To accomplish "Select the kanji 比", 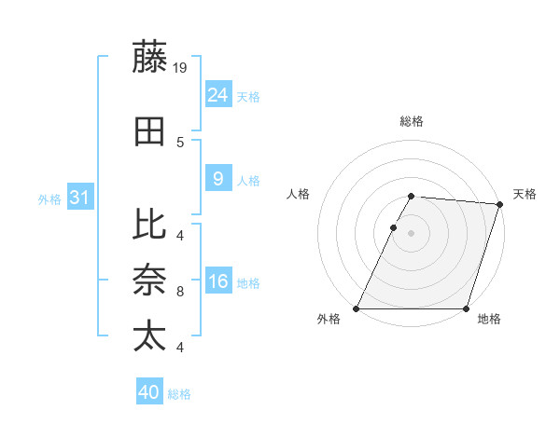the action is [x=149, y=224].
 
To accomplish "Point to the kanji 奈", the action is [x=149, y=281].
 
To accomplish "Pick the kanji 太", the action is [x=149, y=336].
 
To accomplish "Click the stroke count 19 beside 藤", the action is [x=181, y=67].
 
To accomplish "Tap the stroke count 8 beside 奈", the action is [x=179, y=292].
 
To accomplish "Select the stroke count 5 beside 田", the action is [x=179, y=143].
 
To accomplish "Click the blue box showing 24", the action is [x=217, y=94].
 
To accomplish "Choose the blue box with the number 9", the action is [x=217, y=179].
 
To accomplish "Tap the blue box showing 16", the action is [x=217, y=281].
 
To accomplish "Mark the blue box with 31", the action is [x=80, y=198].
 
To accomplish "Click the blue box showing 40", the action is [x=149, y=392].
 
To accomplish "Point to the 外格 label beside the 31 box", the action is [x=49, y=198].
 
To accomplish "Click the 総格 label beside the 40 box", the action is [x=179, y=394].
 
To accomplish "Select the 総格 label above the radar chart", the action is [x=412, y=122].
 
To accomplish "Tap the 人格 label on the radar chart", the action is [x=299, y=194].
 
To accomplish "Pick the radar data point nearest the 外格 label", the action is [x=357, y=308].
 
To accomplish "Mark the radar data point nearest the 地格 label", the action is [x=466, y=308].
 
